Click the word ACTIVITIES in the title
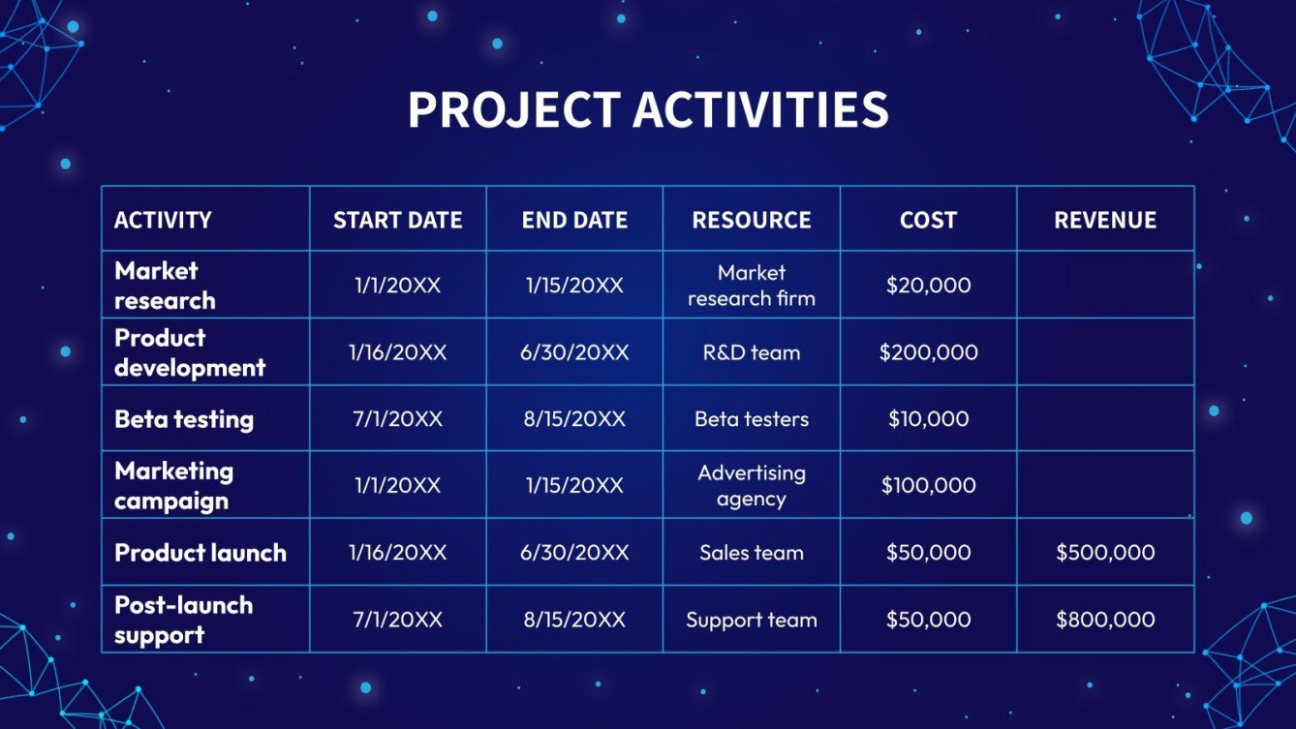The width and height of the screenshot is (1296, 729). tap(760, 110)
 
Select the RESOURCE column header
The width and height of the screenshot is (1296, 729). tap(752, 220)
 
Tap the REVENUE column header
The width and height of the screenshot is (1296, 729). tap(1105, 220)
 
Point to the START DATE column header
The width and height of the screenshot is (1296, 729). tap(397, 220)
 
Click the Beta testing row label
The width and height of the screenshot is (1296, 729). tap(184, 419)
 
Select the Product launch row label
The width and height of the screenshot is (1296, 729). tap(201, 553)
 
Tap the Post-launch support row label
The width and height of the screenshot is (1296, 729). tap(183, 620)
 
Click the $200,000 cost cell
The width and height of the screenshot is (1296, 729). tap(928, 352)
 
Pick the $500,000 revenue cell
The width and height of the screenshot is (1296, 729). tap(1105, 553)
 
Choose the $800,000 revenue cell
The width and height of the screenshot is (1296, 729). tap(1105, 620)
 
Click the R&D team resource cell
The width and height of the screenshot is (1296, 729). tap(752, 352)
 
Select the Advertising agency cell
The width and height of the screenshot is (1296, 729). tap(752, 486)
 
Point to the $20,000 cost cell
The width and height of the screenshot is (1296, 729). tap(928, 286)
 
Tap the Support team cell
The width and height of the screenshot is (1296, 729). tap(752, 620)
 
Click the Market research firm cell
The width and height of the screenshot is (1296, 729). tap(752, 286)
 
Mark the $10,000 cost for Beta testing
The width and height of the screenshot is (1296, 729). tap(928, 419)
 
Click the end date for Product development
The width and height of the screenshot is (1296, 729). tap(574, 352)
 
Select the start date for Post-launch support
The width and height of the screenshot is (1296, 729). tap(397, 620)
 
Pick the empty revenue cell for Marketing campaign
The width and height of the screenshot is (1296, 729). tap(1105, 484)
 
